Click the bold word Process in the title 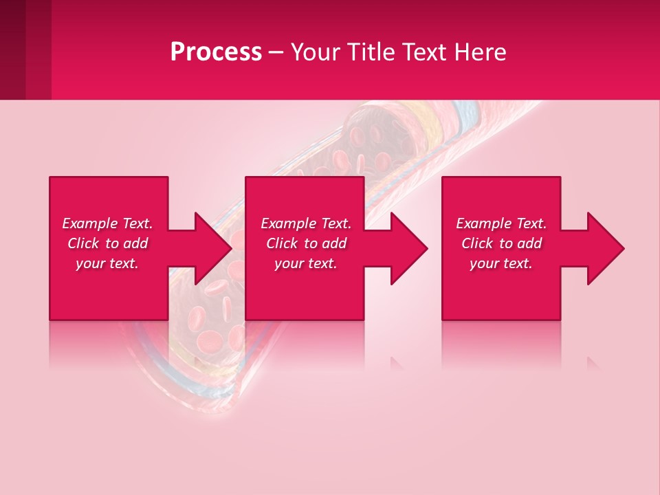coord(216,52)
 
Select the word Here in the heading coord(479,52)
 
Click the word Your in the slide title coord(316,52)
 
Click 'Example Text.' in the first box coord(107,223)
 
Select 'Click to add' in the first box coord(107,243)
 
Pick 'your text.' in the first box coord(107,263)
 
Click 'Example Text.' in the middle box coord(306,223)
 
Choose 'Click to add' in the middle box coord(306,243)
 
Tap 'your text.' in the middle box coord(306,263)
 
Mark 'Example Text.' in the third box coord(501,223)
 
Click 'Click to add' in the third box coord(501,243)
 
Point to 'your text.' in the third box coord(501,263)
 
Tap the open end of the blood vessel coord(378,131)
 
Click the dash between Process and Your coord(276,53)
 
